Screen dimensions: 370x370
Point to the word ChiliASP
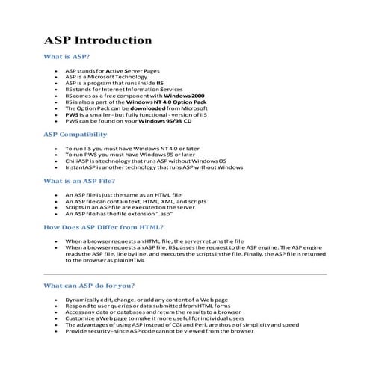(x=78, y=161)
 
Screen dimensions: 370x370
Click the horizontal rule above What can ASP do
(x=185, y=275)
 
